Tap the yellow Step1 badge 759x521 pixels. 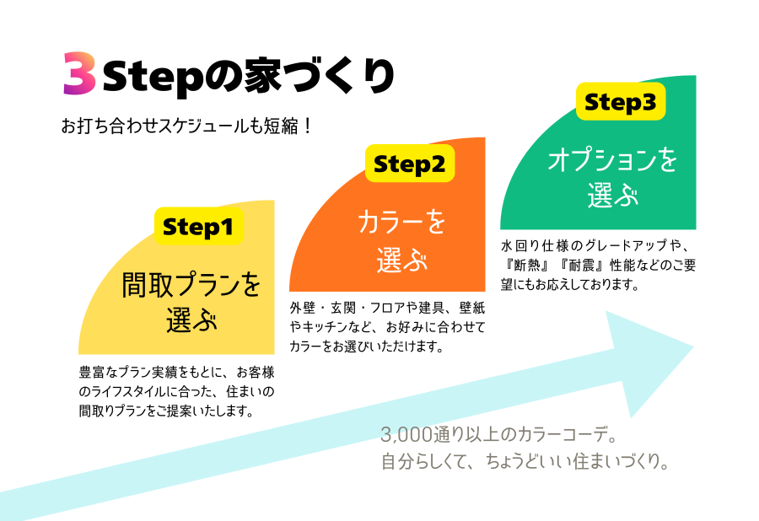click(x=199, y=226)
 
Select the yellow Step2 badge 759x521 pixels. click(x=409, y=163)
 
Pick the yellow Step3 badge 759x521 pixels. click(x=620, y=102)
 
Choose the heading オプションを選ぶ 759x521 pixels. click(x=612, y=178)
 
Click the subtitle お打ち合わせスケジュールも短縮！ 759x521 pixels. click(x=188, y=126)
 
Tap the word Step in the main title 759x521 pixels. click(x=154, y=77)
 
